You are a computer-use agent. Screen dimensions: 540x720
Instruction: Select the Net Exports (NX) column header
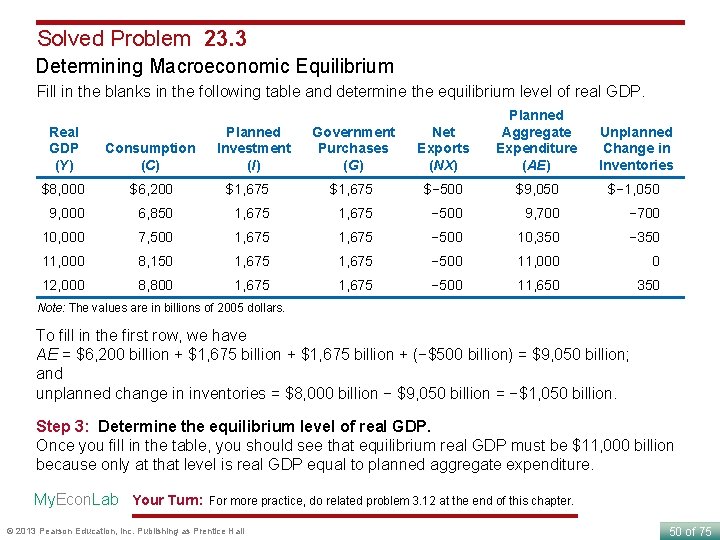coord(443,148)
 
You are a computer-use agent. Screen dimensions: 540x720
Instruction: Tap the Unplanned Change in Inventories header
coord(635,148)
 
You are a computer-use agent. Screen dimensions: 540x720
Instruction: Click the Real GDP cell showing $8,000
coord(64,188)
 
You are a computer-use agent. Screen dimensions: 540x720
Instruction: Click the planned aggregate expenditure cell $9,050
coord(537,188)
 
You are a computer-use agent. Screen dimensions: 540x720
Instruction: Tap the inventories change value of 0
coord(655,261)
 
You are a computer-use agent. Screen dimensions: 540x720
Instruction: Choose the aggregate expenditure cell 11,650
coord(537,285)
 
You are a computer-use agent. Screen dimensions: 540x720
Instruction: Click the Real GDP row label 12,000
coord(63,285)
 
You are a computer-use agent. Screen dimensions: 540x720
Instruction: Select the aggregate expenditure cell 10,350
coord(537,237)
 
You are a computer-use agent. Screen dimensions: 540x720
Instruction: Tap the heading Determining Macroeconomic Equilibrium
coord(215,67)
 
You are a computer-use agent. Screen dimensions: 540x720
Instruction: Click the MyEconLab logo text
coord(76,499)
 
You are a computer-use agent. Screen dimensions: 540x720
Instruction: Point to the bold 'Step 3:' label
coord(64,427)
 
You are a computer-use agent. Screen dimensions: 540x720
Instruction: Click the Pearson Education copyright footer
coord(125,530)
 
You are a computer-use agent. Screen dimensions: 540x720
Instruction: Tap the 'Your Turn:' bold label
coord(167,500)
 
